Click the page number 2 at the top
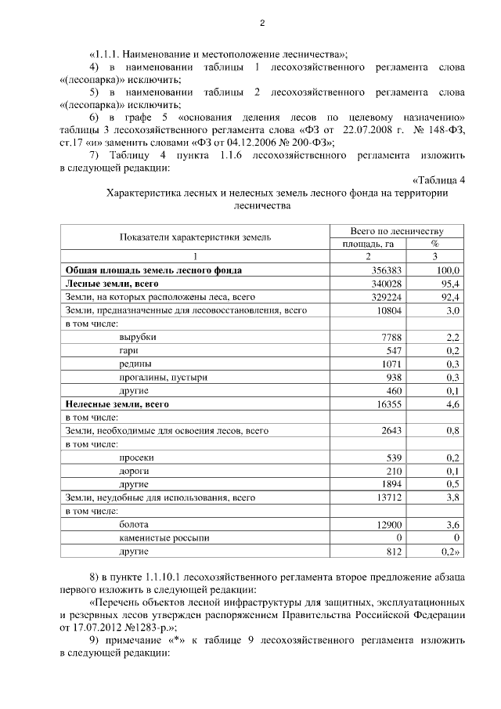click(262, 24)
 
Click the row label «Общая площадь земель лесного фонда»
click(153, 270)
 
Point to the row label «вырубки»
click(138, 337)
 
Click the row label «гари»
click(129, 350)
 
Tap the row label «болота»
click(133, 524)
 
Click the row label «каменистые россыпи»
click(164, 537)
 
